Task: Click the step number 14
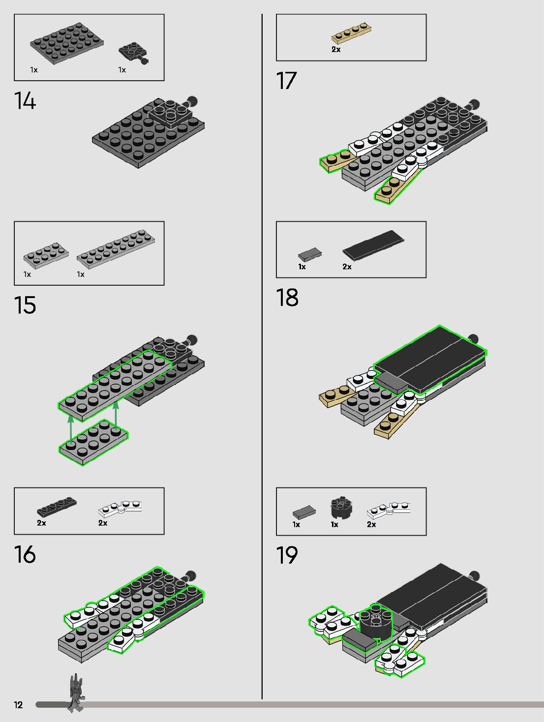pos(25,101)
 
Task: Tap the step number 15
pos(25,305)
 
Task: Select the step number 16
pos(25,555)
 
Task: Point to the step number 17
pos(286,81)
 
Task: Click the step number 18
pos(287,298)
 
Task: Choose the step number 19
pos(287,556)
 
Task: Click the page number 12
pos(19,705)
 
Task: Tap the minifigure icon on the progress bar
pos(75,693)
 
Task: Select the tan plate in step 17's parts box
pos(351,33)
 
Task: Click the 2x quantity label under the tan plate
pos(336,50)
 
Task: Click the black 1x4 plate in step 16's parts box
pos(57,507)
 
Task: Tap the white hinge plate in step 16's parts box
pos(120,509)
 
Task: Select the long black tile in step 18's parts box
pos(373,244)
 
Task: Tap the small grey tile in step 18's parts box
pos(309,254)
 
